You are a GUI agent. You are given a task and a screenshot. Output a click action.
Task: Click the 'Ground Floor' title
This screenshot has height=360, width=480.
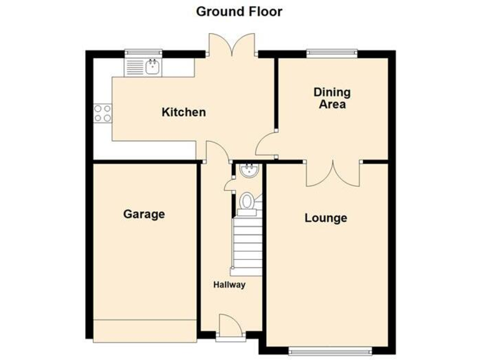point(239,11)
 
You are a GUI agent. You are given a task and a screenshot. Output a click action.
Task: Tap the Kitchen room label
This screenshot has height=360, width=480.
point(184,112)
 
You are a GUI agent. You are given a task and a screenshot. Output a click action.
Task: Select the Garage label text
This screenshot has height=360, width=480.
point(144,214)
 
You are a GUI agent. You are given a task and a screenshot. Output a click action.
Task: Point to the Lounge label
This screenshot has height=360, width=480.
point(326,218)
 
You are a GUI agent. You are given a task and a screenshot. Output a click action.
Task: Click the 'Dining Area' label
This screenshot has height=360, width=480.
point(332,99)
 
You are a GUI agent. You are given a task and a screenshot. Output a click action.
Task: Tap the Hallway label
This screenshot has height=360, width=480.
point(229,285)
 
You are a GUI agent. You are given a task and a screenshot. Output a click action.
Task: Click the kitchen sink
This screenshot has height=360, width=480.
point(152,64)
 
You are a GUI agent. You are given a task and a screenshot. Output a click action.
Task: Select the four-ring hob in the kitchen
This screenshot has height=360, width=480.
point(102,113)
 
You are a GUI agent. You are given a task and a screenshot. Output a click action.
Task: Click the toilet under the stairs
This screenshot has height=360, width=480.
point(247,202)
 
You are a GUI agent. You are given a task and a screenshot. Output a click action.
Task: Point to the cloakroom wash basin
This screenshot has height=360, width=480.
point(248,169)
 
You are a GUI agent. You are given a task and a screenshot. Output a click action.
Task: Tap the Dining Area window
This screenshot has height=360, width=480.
point(332,52)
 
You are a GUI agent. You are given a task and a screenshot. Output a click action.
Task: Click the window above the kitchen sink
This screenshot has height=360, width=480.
point(142,52)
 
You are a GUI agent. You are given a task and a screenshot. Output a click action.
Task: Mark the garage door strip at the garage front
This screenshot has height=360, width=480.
point(144,329)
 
